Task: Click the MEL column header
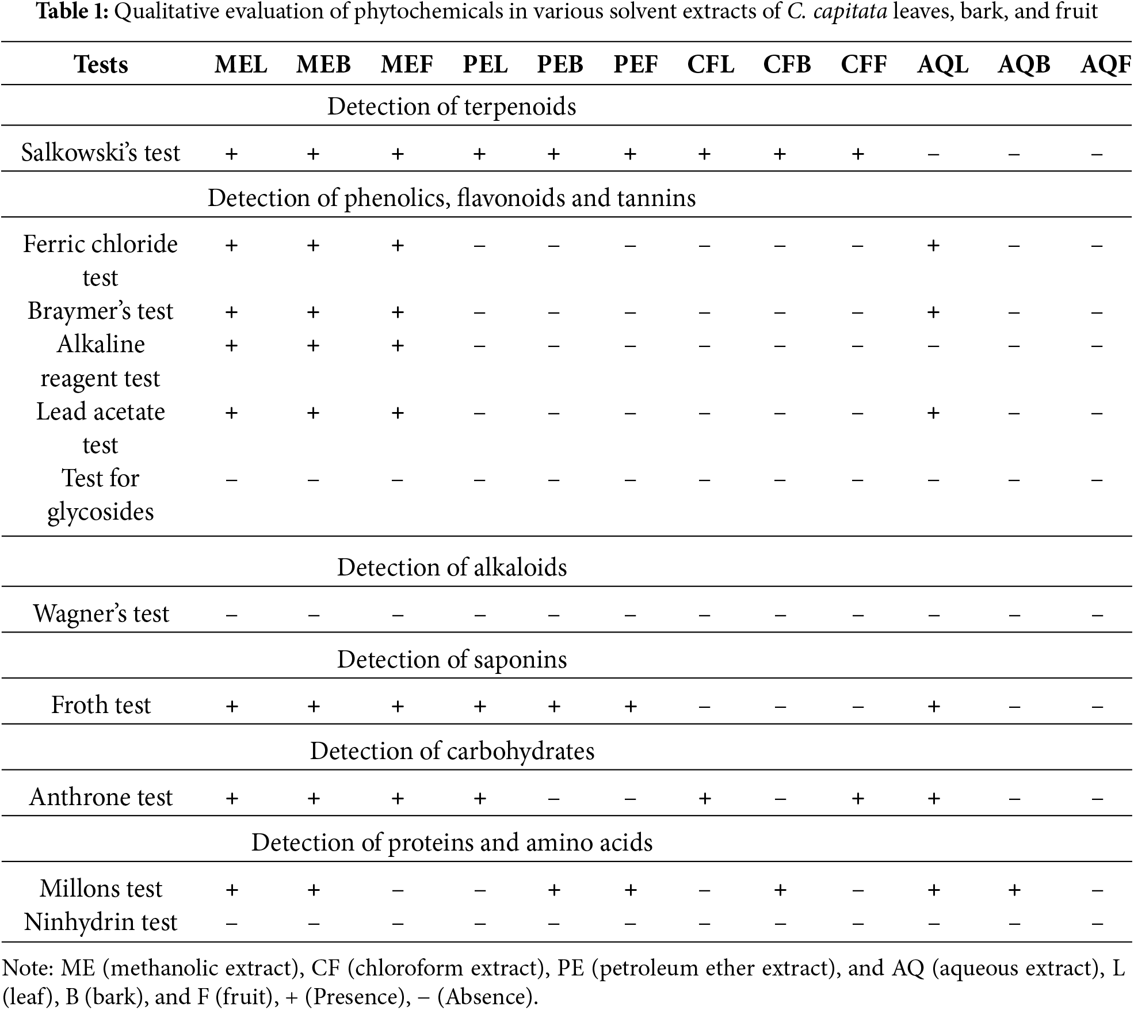pyautogui.click(x=241, y=64)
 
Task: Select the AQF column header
pyautogui.click(x=1106, y=64)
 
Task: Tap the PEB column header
pyautogui.click(x=560, y=64)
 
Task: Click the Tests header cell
pyautogui.click(x=101, y=64)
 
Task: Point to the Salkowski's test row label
pyautogui.click(x=101, y=153)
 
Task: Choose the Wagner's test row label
pyautogui.click(x=101, y=613)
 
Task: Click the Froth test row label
pyautogui.click(x=101, y=705)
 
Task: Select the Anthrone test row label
pyautogui.click(x=101, y=797)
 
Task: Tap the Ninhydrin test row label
pyautogui.click(x=101, y=922)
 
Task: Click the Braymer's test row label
pyautogui.click(x=101, y=311)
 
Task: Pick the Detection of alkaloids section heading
pyautogui.click(x=452, y=567)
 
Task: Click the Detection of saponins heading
pyautogui.click(x=452, y=660)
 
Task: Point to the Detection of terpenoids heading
pyautogui.click(x=452, y=107)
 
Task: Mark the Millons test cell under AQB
pyautogui.click(x=1014, y=890)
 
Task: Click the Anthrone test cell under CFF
pyautogui.click(x=857, y=798)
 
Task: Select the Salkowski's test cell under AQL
pyautogui.click(x=933, y=154)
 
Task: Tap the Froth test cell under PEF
pyautogui.click(x=630, y=706)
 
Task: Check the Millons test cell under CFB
pyautogui.click(x=780, y=890)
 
